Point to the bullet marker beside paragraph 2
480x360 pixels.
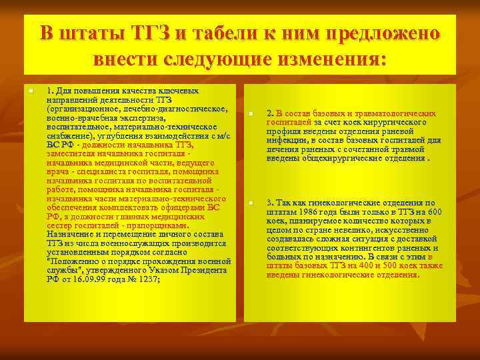pyautogui.click(x=251, y=114)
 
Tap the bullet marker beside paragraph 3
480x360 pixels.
pyautogui.click(x=251, y=203)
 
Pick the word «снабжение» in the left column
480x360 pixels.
pyautogui.click(x=69, y=135)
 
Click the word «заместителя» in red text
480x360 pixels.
pyautogui.click(x=71, y=153)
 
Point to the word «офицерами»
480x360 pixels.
pyautogui.click(x=185, y=207)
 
